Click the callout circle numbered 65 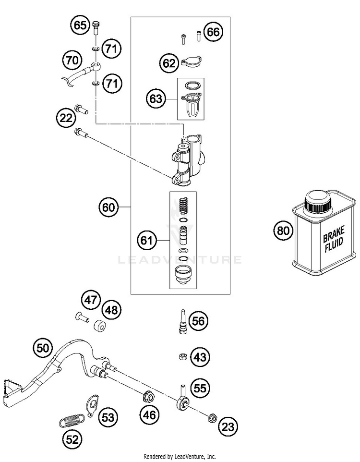pyautogui.click(x=80, y=25)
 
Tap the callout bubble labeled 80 pyautogui.click(x=283, y=230)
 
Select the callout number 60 pyautogui.click(x=108, y=207)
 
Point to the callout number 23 pyautogui.click(x=228, y=426)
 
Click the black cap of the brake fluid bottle pyautogui.click(x=318, y=202)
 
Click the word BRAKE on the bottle pyautogui.click(x=334, y=234)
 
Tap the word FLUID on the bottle pyautogui.click(x=334, y=245)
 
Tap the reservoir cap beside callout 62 pyautogui.click(x=192, y=62)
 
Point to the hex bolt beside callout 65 pyautogui.click(x=96, y=28)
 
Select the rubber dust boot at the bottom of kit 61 pyautogui.click(x=183, y=275)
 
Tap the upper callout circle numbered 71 pyautogui.click(x=111, y=49)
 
